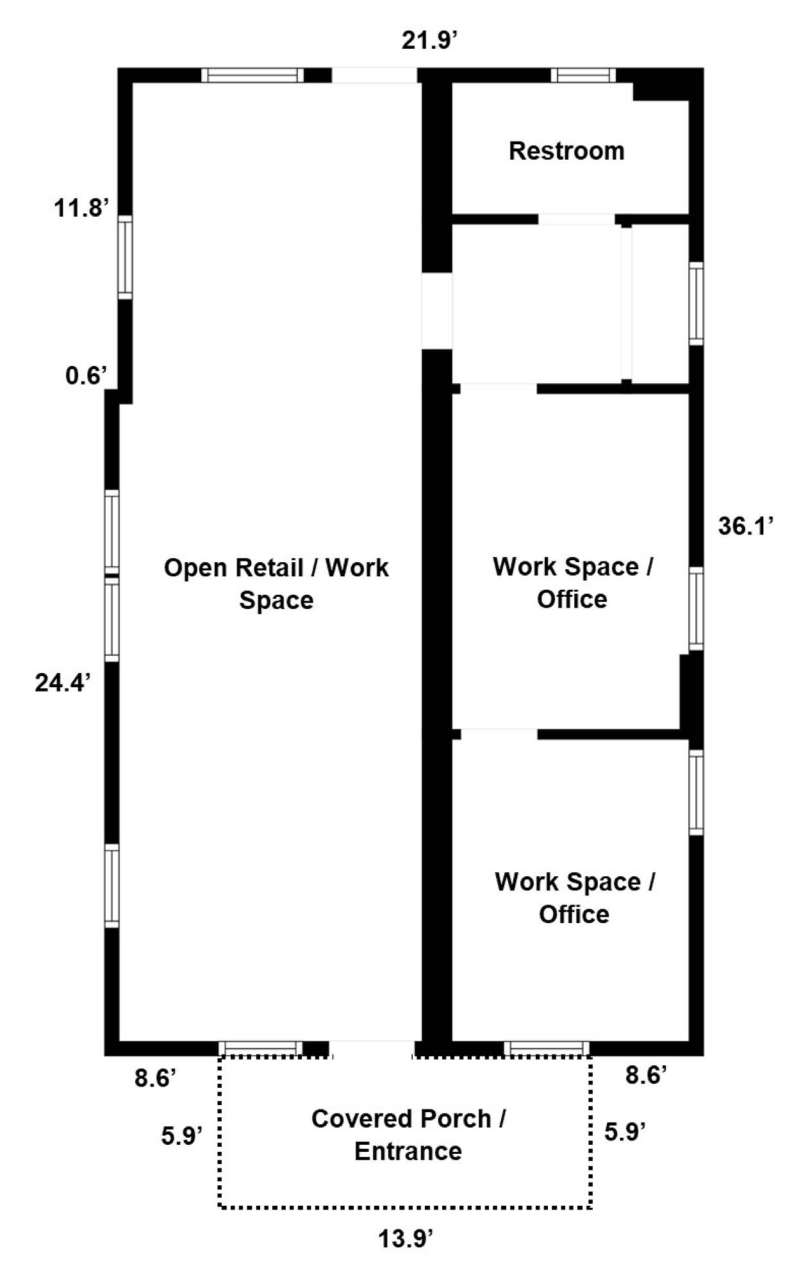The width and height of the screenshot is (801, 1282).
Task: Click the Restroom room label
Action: click(566, 151)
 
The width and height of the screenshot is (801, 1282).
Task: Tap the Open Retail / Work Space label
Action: click(276, 583)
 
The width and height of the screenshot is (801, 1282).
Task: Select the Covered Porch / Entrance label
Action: click(408, 1135)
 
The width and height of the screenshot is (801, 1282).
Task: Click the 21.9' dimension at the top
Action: click(429, 40)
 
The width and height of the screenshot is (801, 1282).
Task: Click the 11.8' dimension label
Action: click(81, 208)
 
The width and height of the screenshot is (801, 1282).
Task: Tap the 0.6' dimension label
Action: click(86, 375)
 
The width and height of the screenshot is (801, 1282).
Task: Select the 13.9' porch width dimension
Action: click(406, 1239)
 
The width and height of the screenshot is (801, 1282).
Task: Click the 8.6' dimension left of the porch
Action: click(155, 1078)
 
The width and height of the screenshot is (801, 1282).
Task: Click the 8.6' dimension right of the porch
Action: click(647, 1075)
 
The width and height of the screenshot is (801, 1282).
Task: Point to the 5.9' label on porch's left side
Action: click(182, 1136)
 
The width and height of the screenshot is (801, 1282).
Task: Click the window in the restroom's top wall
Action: click(583, 75)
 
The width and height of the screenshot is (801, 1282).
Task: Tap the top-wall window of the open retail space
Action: click(252, 75)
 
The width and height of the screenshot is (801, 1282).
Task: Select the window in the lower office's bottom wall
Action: click(547, 1049)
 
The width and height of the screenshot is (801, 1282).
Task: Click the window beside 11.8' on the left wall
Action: click(126, 257)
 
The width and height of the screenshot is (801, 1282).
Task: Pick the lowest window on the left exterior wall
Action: click(112, 885)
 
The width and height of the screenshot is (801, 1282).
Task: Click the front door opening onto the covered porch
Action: click(372, 1049)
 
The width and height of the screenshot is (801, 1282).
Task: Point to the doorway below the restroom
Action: click(577, 219)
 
